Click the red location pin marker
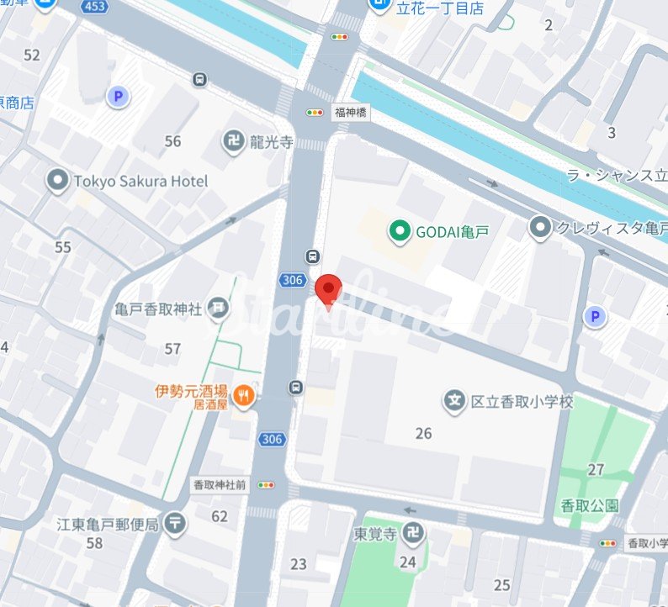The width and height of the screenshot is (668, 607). pos(328,290)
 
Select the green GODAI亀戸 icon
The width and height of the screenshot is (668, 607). pos(399,229)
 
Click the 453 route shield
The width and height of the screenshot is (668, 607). pos(94,6)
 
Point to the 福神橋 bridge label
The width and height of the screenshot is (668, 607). pos(349,112)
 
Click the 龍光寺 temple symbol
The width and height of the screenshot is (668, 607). pos(233,141)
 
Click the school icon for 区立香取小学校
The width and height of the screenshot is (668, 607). pos(455,402)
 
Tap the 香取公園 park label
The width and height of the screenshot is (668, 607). pos(589,505)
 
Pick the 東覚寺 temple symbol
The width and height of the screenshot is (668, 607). pos(412,532)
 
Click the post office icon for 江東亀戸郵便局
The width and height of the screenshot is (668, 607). pos(176,524)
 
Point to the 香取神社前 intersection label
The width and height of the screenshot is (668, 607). pos(219,484)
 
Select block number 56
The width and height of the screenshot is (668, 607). pos(172,141)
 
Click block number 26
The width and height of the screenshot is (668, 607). pos(423,433)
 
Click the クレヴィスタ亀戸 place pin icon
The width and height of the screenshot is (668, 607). pos(539,227)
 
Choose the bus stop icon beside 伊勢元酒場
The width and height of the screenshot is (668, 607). pos(295,388)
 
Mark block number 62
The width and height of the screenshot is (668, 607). pos(220,516)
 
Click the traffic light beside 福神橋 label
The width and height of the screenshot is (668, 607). pos(315,112)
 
